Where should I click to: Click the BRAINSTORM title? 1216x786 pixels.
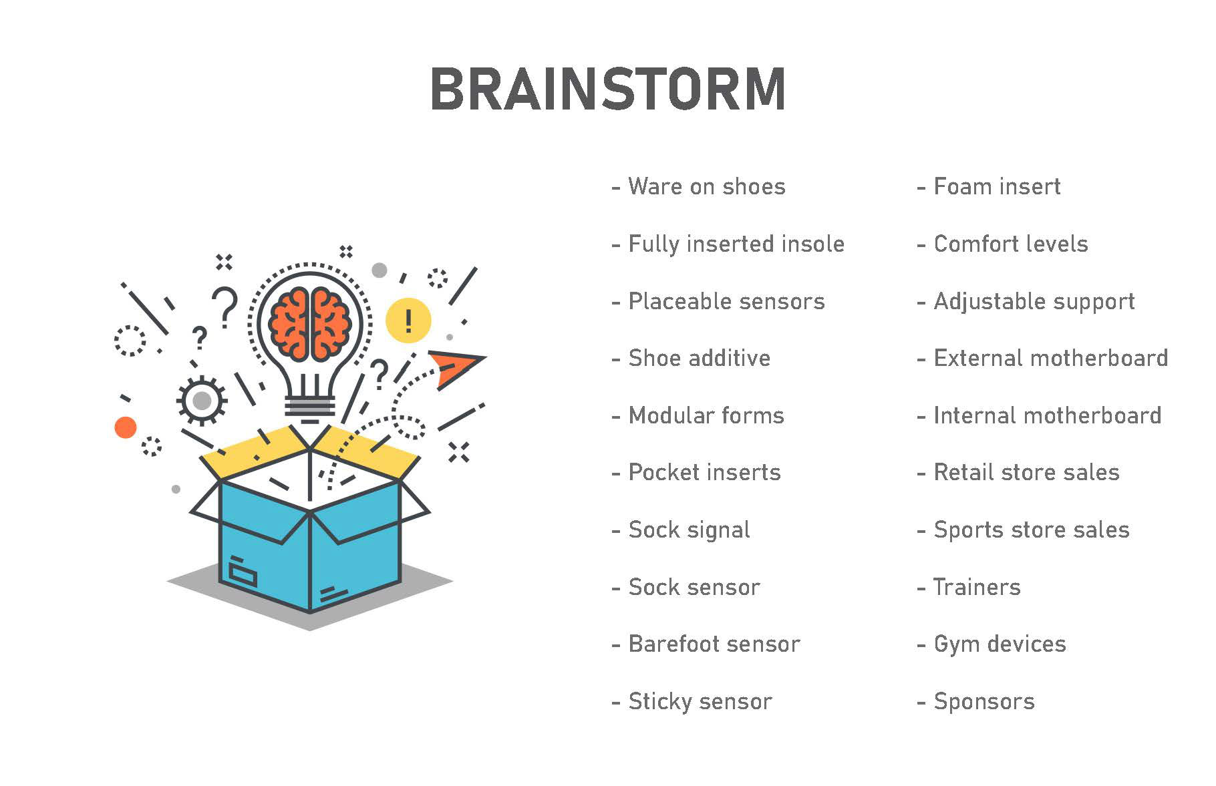click(x=607, y=89)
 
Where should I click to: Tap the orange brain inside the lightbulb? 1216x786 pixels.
click(x=310, y=324)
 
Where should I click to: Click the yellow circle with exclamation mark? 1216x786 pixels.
click(x=408, y=321)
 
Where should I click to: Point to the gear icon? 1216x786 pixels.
click(x=201, y=401)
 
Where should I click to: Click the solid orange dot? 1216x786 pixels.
click(x=126, y=427)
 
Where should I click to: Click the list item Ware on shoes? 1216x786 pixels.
click(x=706, y=186)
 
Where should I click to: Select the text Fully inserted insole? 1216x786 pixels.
click(x=736, y=244)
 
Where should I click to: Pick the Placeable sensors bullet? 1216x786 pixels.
click(x=726, y=301)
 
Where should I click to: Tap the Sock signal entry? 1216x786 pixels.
click(x=689, y=530)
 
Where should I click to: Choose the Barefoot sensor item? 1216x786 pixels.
click(x=714, y=644)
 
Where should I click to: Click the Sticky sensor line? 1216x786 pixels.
click(x=700, y=701)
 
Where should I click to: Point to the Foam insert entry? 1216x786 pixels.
click(x=996, y=186)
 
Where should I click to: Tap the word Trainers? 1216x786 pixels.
click(x=977, y=587)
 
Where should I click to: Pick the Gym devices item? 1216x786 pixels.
click(x=1000, y=644)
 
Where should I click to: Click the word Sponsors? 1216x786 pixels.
click(x=983, y=701)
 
